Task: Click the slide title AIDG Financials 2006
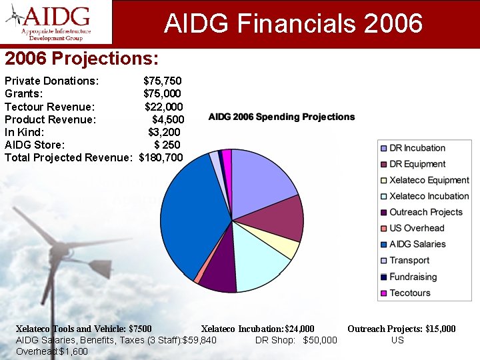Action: point(293,24)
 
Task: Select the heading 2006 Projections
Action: point(81,59)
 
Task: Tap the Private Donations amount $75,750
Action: point(162,81)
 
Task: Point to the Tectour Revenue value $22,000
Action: point(163,107)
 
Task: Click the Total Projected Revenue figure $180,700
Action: point(161,157)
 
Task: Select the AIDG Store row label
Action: point(35,145)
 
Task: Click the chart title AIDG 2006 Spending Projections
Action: point(281,117)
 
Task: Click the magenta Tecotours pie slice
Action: point(227,156)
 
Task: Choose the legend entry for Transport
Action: point(409,261)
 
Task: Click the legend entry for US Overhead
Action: point(416,228)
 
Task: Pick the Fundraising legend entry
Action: point(413,277)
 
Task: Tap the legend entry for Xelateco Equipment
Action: point(429,180)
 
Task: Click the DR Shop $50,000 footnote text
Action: point(296,341)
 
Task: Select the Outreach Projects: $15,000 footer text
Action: point(401,329)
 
